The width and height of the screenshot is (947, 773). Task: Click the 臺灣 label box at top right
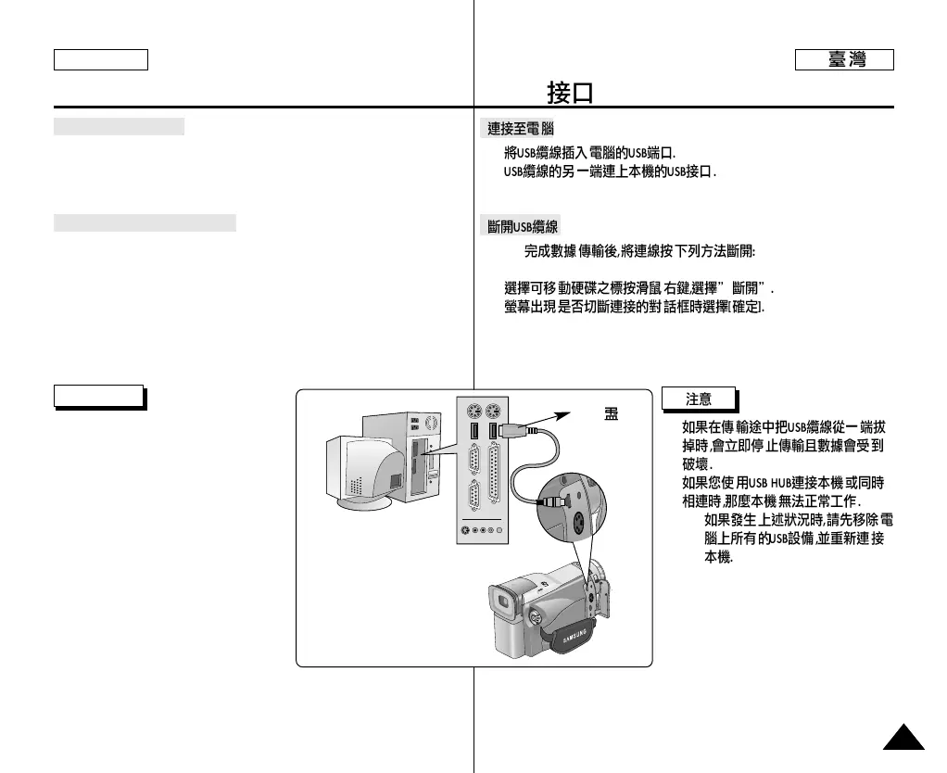point(844,60)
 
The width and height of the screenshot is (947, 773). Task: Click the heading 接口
point(569,93)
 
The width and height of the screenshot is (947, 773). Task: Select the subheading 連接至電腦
point(521,129)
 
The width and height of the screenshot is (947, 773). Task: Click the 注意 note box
point(699,399)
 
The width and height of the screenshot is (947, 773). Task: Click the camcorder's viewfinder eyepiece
point(505,605)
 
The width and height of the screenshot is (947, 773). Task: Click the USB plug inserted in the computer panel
point(512,430)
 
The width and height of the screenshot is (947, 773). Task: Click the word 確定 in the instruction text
point(746,307)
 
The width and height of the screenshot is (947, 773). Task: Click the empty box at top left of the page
point(101,60)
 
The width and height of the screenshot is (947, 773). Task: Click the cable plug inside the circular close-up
point(553,499)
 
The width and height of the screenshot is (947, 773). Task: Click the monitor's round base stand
point(364,503)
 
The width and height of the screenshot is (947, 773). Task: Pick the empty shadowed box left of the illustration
point(98,396)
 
